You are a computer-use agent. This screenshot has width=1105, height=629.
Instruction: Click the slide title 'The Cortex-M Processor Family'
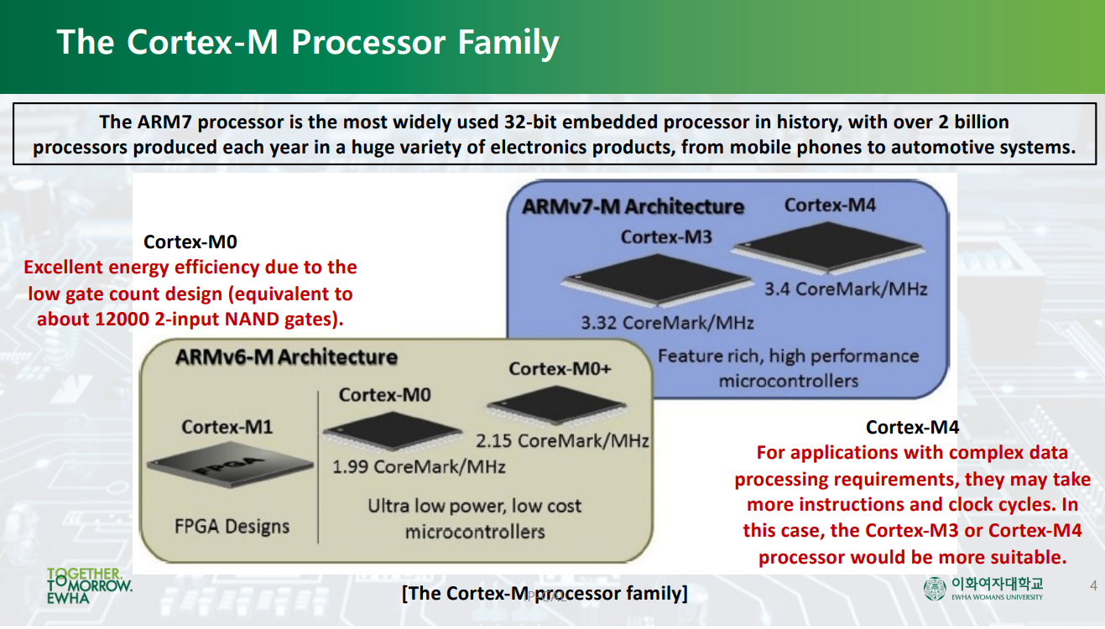point(307,42)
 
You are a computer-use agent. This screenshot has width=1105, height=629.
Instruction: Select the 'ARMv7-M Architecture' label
point(633,206)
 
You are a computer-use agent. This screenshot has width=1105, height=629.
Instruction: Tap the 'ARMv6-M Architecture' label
point(286,357)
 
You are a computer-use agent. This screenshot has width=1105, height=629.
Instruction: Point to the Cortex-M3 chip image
point(654,281)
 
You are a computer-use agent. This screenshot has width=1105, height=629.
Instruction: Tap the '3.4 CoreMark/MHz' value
point(846,289)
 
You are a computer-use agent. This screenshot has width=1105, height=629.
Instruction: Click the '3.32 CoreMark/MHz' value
point(667,323)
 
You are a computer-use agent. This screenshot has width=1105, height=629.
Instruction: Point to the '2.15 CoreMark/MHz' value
point(562,440)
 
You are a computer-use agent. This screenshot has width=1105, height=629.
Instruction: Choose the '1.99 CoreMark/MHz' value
point(419,466)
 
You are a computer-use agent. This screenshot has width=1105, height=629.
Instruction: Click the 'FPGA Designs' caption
point(232,527)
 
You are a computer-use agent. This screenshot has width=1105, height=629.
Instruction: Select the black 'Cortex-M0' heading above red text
point(190,242)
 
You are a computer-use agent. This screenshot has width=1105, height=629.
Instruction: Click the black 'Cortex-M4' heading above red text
point(912,428)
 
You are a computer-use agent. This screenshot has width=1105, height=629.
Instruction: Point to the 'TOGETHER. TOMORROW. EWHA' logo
point(89,586)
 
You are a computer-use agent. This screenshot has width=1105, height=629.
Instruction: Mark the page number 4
point(1092,585)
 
